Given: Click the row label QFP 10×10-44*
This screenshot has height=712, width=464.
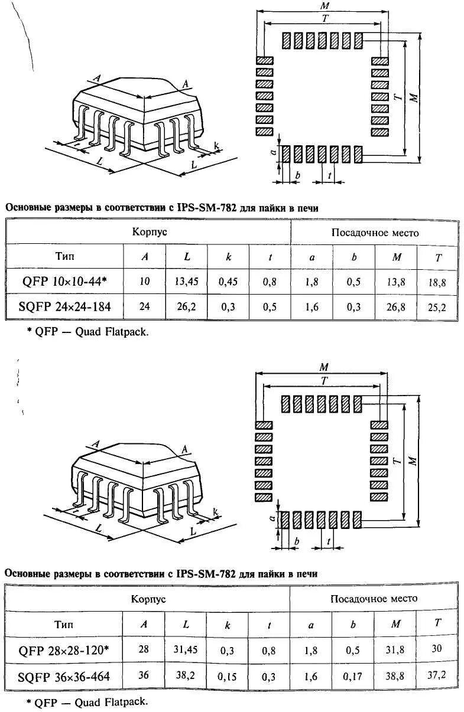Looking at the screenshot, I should [65, 282].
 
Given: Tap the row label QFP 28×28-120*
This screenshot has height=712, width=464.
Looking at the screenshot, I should [64, 650].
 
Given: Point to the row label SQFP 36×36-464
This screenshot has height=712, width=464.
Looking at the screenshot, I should [64, 676].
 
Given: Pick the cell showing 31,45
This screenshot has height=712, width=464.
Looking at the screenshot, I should [186, 650].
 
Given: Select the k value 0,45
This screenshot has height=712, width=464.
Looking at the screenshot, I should [228, 282].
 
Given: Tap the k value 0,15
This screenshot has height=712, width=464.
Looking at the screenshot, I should [227, 677].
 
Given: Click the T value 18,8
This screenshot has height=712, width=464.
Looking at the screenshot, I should [438, 283].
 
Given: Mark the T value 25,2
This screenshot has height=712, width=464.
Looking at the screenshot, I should [438, 306].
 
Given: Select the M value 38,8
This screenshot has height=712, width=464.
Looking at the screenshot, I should [395, 676].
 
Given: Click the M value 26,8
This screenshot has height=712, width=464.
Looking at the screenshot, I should [395, 306].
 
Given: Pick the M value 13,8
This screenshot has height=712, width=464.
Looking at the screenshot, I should [395, 282].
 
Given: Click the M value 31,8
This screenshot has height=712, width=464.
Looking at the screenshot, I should [395, 650].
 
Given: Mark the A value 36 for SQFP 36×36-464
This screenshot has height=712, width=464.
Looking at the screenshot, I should [144, 675].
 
